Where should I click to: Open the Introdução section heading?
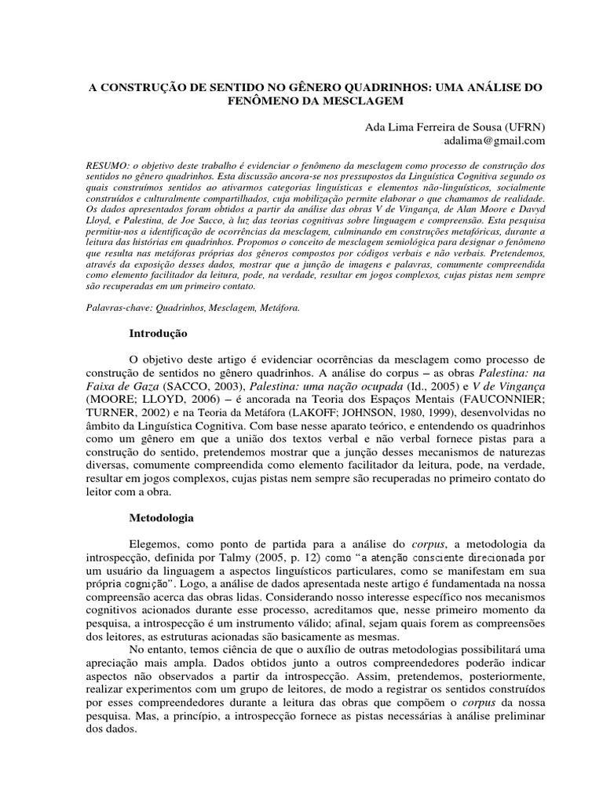[158, 334]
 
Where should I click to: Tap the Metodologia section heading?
[162, 519]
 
